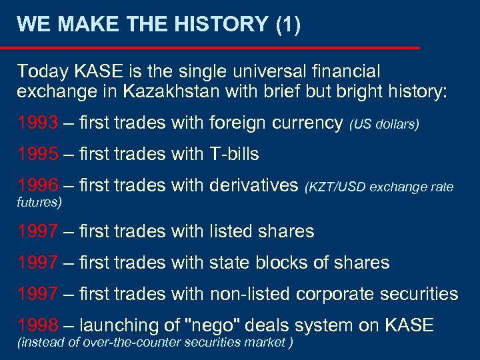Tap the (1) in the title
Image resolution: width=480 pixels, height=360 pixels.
pos(287,25)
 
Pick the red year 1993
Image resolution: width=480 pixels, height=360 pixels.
pos(37,123)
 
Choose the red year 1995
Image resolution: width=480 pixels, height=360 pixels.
pos(37,154)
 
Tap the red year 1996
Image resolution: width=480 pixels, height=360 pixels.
pos(37,185)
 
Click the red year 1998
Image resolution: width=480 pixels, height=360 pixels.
pos(37,325)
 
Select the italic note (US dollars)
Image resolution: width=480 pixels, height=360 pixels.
pos(384,124)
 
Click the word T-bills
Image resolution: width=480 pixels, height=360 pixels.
pos(234,154)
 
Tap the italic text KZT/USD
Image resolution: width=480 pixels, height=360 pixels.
pos(336,187)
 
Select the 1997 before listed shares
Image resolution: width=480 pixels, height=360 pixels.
pos(37,231)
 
